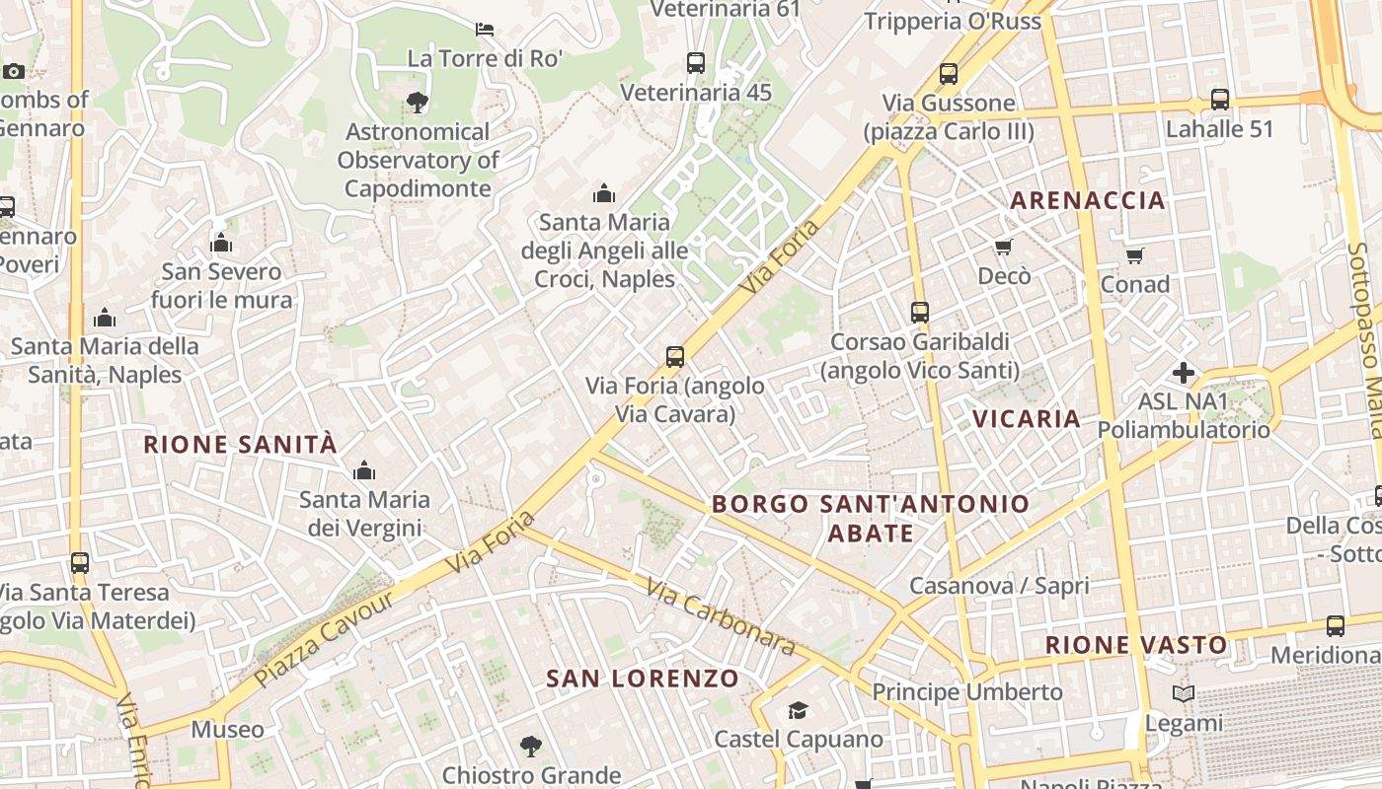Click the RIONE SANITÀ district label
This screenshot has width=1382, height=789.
[240, 444]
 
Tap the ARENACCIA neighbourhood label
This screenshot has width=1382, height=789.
[1087, 200]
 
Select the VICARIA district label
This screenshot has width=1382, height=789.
[1027, 418]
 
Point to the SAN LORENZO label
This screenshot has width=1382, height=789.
[643, 679]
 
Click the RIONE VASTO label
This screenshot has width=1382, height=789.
[1136, 645]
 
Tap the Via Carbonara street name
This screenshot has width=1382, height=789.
[721, 617]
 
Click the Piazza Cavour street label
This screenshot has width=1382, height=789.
[324, 638]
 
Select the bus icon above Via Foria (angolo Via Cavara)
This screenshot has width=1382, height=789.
[675, 356]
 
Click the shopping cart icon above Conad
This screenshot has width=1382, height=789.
[1135, 255]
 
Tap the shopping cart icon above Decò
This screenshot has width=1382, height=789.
[1004, 247]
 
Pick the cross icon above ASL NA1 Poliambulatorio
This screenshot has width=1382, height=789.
[1183, 373]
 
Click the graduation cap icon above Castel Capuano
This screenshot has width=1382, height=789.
[798, 710]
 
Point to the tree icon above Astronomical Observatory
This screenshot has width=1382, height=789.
[418, 102]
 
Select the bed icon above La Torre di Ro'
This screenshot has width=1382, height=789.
[485, 29]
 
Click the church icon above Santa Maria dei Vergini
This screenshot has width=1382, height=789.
[364, 470]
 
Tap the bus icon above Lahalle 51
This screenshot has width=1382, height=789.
[1220, 100]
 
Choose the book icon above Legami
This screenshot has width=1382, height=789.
[1184, 694]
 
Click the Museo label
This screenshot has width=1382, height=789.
[228, 730]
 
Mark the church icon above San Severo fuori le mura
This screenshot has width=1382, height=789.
[221, 243]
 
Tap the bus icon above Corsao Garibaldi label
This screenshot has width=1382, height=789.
[920, 313]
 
